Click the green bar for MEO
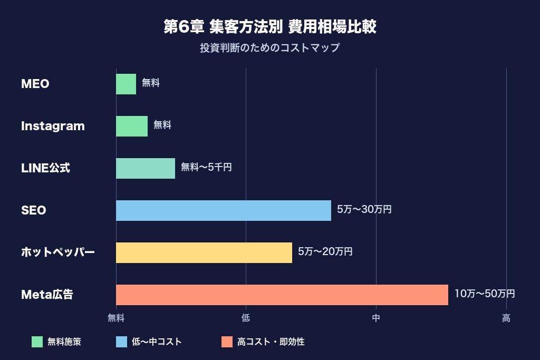pyautogui.click(x=126, y=84)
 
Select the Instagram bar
pyautogui.click(x=132, y=126)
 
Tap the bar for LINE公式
pyautogui.click(x=146, y=168)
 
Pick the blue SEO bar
pyautogui.click(x=224, y=210)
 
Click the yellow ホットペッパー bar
pyautogui.click(x=204, y=252)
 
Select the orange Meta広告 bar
pyautogui.click(x=282, y=295)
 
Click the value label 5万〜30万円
pyautogui.click(x=364, y=210)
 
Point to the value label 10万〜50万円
pyautogui.click(x=485, y=294)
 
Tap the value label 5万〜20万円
pyautogui.click(x=325, y=252)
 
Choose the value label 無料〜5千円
pyautogui.click(x=206, y=168)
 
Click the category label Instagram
pyautogui.click(x=53, y=126)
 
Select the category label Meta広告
pyautogui.click(x=47, y=295)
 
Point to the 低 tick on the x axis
pyautogui.click(x=246, y=318)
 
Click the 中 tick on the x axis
pyautogui.click(x=376, y=318)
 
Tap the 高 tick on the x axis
pyautogui.click(x=506, y=318)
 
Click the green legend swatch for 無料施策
pyautogui.click(x=37, y=342)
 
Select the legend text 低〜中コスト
pyautogui.click(x=157, y=342)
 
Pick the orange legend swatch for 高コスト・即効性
pyautogui.click(x=227, y=342)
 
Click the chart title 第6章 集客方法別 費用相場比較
pyautogui.click(x=270, y=27)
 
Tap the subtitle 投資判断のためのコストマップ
pyautogui.click(x=270, y=48)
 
